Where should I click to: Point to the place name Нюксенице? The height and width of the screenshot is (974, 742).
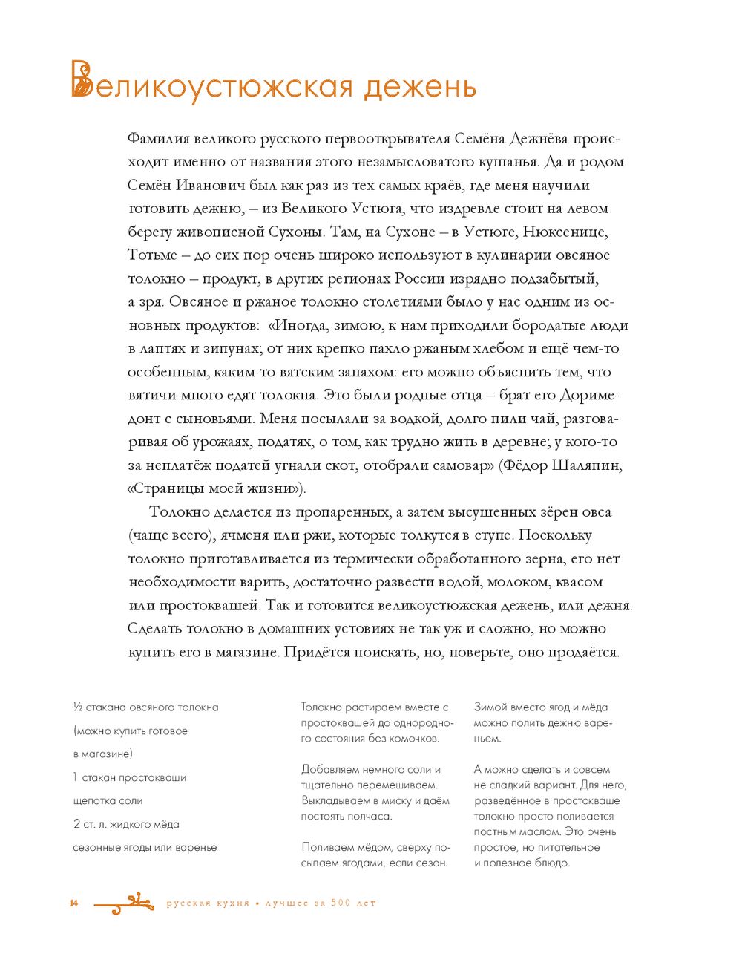[565, 232]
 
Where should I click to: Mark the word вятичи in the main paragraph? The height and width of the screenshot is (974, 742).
[151, 396]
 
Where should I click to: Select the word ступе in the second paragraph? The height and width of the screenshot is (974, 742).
[493, 535]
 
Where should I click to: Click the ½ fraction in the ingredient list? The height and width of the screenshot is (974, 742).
[78, 707]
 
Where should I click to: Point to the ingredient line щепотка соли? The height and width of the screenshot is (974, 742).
[108, 801]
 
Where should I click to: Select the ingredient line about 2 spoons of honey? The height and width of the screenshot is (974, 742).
[126, 824]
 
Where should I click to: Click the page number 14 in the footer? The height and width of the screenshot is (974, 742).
[74, 903]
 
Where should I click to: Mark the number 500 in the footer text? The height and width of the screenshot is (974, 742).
[341, 903]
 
